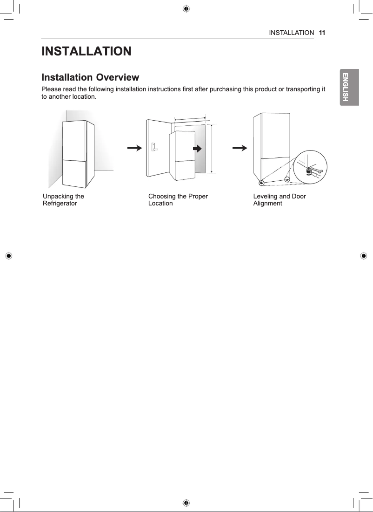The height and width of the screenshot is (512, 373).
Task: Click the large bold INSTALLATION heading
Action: (87, 51)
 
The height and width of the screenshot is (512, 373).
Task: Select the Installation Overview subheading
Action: (90, 77)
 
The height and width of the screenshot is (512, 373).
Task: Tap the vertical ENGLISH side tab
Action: (345, 88)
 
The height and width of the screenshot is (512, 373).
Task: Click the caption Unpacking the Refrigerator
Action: (63, 199)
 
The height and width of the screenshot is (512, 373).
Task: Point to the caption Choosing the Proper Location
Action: (178, 199)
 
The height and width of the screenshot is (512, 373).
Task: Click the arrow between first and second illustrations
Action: (134, 148)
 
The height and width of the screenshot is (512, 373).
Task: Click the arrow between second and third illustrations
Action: (240, 148)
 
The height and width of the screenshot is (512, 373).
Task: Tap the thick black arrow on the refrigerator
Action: (197, 149)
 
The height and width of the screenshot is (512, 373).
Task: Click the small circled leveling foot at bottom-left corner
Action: (261, 182)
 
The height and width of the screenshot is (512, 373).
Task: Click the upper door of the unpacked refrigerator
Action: (73, 140)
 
